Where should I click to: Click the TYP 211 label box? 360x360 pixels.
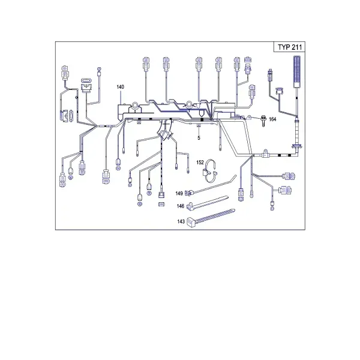pos(290,47)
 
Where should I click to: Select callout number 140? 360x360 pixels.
pos(121,87)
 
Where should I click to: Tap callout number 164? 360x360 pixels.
pos(272,119)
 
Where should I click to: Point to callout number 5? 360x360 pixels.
pos(199,138)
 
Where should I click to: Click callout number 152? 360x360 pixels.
pos(200,163)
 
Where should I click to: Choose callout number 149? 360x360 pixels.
pos(179,193)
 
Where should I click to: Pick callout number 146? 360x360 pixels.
pos(181,206)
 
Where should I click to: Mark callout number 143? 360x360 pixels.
pos(181,221)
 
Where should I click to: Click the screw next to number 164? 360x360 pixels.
pos(263,121)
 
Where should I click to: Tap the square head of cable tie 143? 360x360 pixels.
pos(191,222)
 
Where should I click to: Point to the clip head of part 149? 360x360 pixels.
pos(188,193)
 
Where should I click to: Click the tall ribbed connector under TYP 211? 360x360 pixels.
pos(298,71)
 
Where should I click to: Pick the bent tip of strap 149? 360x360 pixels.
pos(234,177)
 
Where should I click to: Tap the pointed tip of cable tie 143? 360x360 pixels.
pos(234,210)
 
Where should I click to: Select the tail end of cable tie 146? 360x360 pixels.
pos(227,197)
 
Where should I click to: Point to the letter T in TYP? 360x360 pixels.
pos(280,47)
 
